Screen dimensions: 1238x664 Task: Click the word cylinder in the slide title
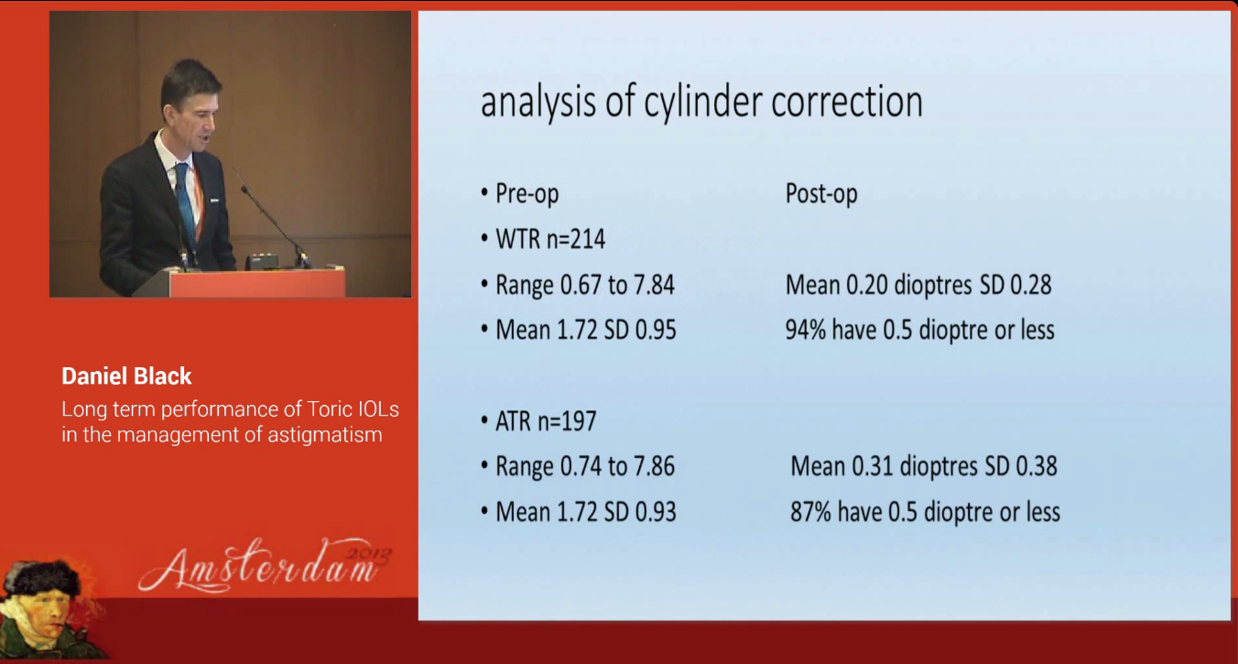702,103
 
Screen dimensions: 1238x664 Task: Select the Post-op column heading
821,194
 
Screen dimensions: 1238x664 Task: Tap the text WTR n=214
550,239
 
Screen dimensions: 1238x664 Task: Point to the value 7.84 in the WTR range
655,285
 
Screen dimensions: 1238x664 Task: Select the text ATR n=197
546,421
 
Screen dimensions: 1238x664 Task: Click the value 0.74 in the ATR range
581,466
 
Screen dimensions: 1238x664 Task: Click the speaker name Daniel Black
126,376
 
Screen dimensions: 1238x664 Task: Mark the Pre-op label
527,194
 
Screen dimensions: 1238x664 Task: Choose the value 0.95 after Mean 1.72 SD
656,330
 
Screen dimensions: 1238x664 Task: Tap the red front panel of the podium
257,284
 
